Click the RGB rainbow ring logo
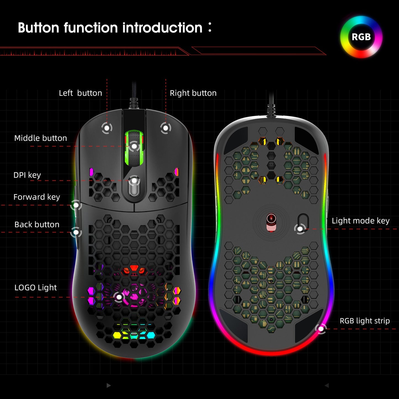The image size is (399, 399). (361, 37)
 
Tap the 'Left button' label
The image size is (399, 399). (80, 93)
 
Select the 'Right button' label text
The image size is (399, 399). (193, 93)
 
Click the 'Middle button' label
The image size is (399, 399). (41, 138)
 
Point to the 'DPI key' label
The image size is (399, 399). (27, 175)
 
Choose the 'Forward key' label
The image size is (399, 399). (37, 197)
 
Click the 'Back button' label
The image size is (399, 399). (37, 224)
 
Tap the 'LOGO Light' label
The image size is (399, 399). (35, 287)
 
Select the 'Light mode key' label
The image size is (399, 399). (360, 221)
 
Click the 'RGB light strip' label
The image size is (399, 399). (364, 321)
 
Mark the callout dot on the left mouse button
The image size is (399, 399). (107, 128)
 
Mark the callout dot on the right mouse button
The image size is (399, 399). (165, 128)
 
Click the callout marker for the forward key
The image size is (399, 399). (76, 205)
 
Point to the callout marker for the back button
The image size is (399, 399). (76, 232)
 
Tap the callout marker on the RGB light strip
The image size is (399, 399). (321, 329)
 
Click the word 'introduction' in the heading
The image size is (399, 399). (162, 28)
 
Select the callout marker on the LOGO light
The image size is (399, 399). (119, 297)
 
